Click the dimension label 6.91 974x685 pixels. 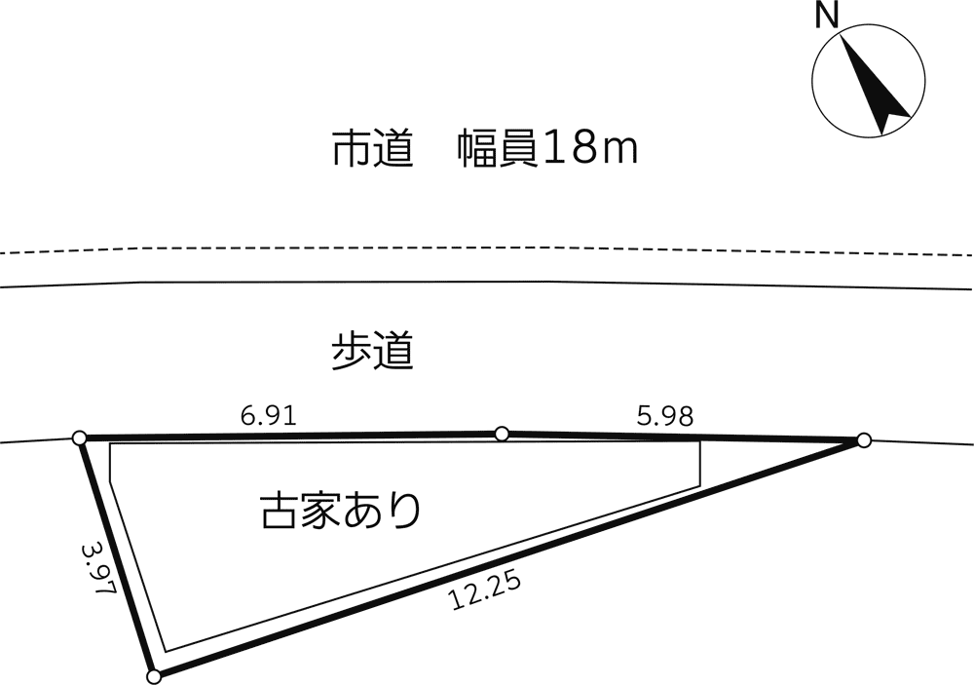(269, 415)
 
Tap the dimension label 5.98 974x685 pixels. (664, 416)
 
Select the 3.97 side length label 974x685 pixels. (99, 570)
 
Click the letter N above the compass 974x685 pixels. (827, 16)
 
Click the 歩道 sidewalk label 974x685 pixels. (373, 352)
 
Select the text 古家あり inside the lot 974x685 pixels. (341, 511)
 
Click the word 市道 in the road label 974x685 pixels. (373, 149)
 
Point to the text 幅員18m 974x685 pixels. (547, 149)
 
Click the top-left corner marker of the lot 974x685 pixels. (79, 438)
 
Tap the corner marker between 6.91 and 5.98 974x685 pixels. (502, 434)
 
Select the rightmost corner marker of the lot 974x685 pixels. (863, 440)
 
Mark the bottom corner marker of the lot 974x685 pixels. (154, 677)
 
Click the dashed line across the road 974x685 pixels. (487, 248)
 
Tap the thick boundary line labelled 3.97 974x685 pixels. (117, 557)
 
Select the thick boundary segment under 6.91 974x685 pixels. (290, 436)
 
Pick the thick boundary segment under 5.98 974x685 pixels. (683, 437)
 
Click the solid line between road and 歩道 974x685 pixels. (487, 283)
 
